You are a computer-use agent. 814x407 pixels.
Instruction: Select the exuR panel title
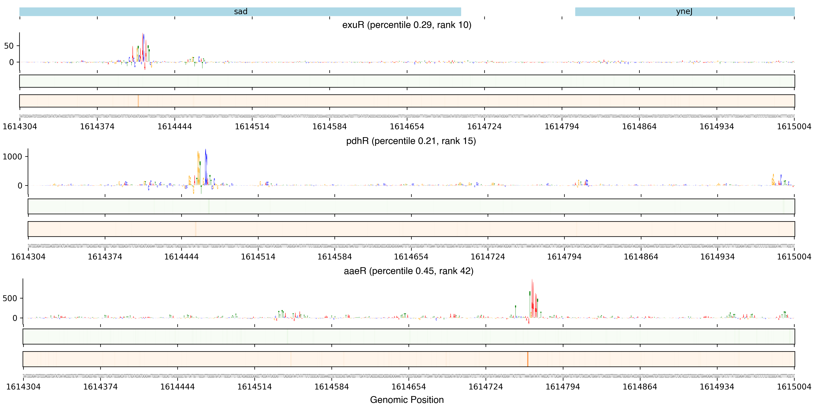click(407, 25)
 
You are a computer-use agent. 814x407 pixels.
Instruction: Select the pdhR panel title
click(411, 141)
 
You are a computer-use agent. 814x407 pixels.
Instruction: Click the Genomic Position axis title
click(407, 400)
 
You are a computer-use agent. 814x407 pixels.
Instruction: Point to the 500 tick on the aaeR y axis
click(10, 298)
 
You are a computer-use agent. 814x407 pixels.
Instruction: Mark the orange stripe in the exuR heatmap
click(138, 101)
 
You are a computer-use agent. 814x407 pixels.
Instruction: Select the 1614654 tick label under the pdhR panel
click(411, 257)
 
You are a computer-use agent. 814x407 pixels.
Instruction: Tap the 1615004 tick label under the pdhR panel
click(794, 257)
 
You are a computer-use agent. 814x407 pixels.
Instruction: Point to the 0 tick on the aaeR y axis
click(15, 318)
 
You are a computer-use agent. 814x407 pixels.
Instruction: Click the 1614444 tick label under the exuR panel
click(174, 127)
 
